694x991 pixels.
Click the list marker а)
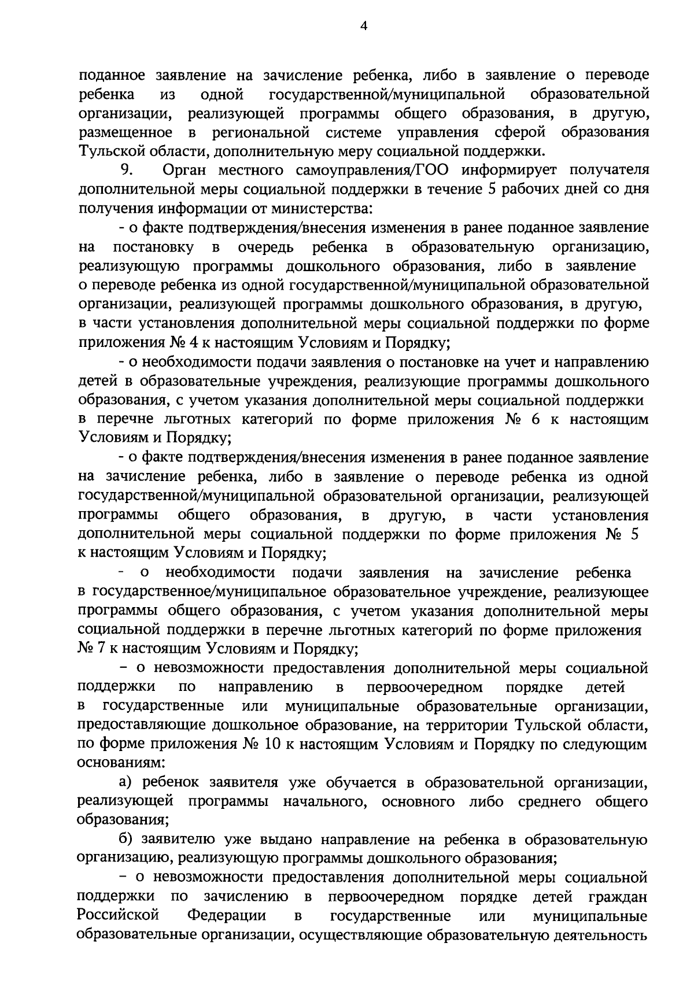point(126,783)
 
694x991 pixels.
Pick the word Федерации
point(226,916)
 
